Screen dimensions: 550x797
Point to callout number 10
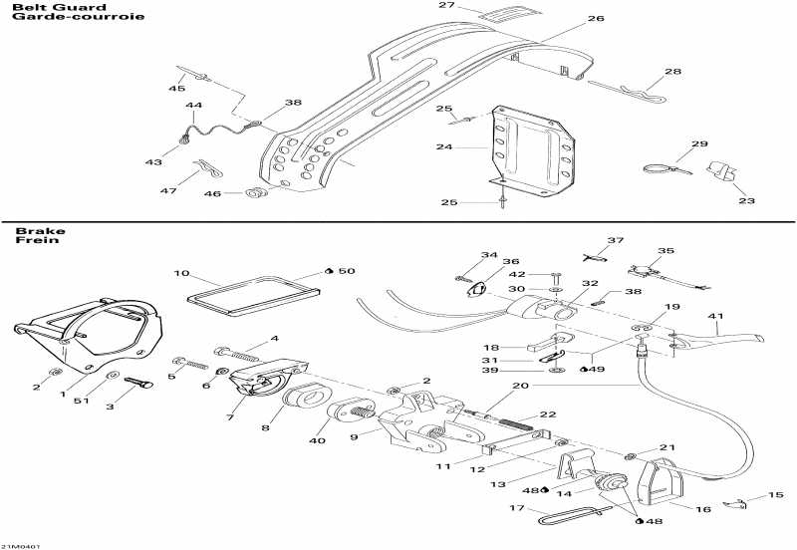tap(180, 273)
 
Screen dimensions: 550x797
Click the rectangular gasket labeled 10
tap(253, 296)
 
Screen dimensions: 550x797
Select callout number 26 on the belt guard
tap(596, 19)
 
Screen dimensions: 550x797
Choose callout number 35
tap(665, 251)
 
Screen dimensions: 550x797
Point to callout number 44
tap(193, 106)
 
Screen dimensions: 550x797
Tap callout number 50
tap(346, 271)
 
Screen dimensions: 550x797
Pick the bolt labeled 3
tap(137, 384)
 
